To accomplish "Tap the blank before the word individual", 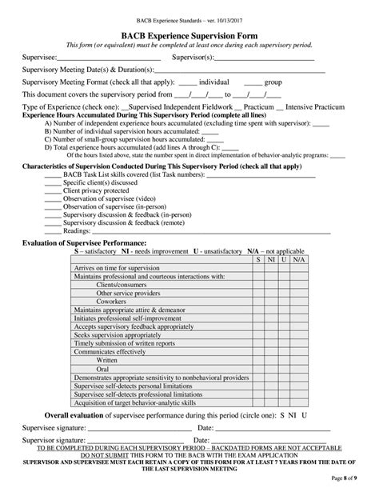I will click(188, 82).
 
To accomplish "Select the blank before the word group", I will click(253, 82).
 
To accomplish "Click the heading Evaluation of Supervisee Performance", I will click(84, 242).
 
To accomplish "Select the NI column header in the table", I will click(271, 260).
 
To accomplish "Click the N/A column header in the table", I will click(298, 260).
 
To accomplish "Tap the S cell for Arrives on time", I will click(258, 269).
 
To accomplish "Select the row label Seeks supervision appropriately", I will click(117, 336).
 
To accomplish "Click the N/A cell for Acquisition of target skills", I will click(298, 403).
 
